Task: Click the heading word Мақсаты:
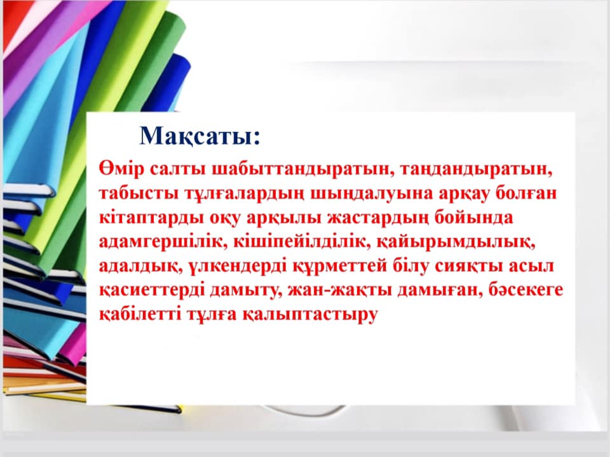click(200, 136)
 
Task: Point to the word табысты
click(139, 194)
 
